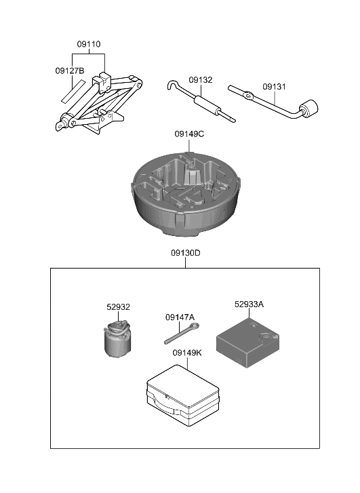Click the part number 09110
click(x=88, y=44)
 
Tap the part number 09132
click(x=200, y=80)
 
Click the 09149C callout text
click(x=188, y=134)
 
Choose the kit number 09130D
click(x=185, y=253)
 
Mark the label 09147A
click(x=180, y=317)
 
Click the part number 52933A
click(x=249, y=304)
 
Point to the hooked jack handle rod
click(x=200, y=102)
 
